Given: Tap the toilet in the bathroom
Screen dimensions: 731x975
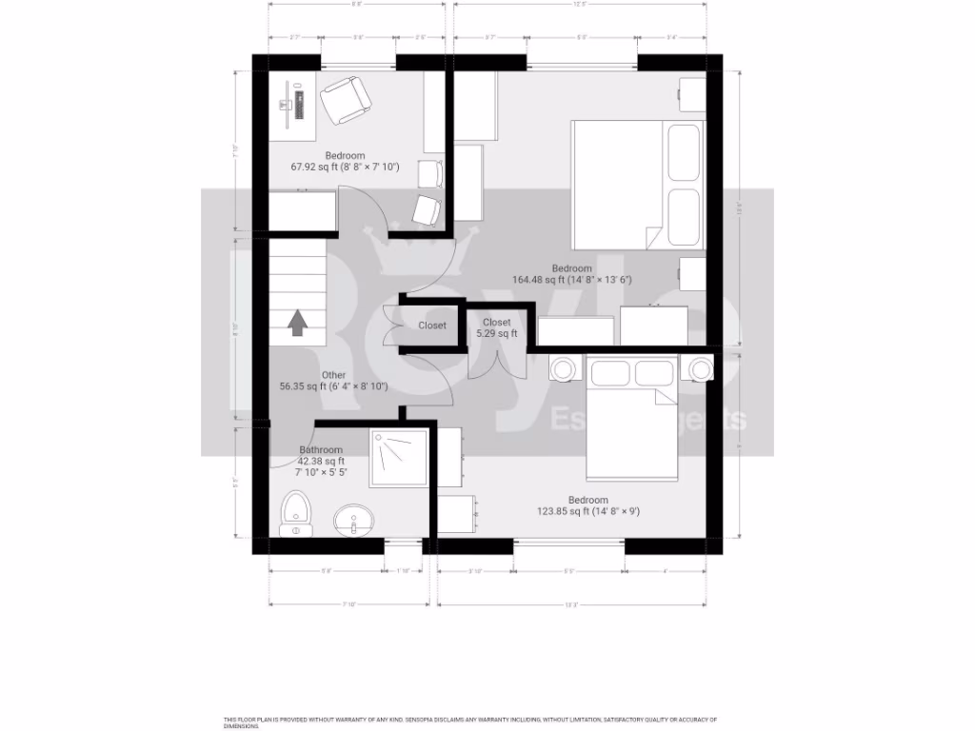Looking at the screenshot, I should pos(294,513).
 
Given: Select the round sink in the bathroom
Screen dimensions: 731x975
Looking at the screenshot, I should pos(354,521).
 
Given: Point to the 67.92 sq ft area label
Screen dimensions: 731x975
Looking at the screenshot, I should pos(344,167).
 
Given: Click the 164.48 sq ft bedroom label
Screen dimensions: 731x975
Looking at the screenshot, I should pos(571,280).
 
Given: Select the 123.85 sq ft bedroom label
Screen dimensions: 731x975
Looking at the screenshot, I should pos(587,511).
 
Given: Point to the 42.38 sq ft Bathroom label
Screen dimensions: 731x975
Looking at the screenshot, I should pos(321,461).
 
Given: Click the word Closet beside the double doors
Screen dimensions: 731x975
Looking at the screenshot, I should pos(431,326).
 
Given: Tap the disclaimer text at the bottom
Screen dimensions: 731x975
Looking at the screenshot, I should pos(469,721).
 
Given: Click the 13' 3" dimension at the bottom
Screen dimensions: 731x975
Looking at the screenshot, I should pos(571,604).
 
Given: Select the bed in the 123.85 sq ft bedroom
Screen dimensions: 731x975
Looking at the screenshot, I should pos(631,419).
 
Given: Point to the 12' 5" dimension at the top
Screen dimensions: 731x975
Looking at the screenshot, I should pos(579,4).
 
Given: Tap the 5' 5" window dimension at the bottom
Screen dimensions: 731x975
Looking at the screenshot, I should pos(568,571).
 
